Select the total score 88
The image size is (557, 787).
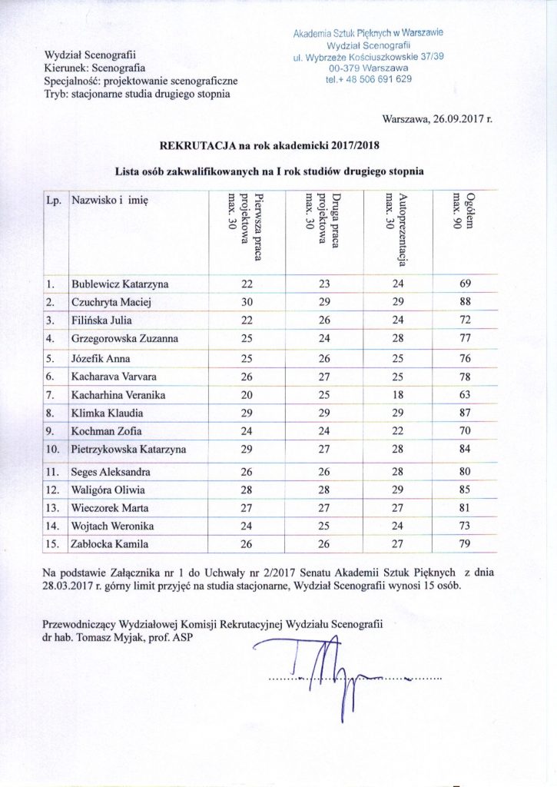tap(465, 302)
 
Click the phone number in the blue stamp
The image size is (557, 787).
tap(368, 79)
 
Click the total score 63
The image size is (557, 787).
tap(465, 395)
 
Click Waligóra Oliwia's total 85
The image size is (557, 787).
tap(465, 488)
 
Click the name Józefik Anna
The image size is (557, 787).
tap(101, 358)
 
